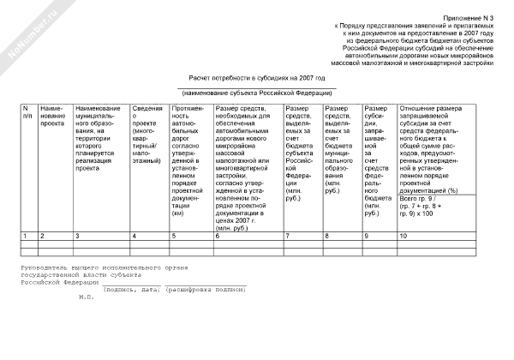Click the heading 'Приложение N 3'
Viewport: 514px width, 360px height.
coord(469,18)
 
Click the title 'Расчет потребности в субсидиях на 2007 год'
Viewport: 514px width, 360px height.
coord(256,76)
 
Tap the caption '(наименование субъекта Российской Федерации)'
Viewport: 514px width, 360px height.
coord(256,92)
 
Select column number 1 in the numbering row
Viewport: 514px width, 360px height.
coord(25,235)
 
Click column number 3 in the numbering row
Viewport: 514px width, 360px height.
coord(78,235)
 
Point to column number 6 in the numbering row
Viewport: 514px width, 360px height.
coord(218,235)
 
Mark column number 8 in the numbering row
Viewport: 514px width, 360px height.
coord(328,235)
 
